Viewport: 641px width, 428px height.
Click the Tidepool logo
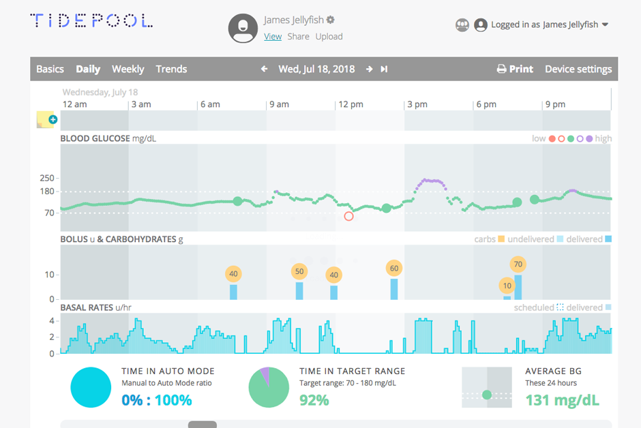pyautogui.click(x=91, y=21)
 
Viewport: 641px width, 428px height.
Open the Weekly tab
pyautogui.click(x=128, y=69)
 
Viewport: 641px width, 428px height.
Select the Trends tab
pyautogui.click(x=171, y=69)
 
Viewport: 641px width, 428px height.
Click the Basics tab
pyautogui.click(x=50, y=69)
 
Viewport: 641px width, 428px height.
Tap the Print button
pyautogui.click(x=515, y=69)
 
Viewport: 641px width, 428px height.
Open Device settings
pyautogui.click(x=578, y=69)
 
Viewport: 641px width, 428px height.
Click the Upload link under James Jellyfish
pyautogui.click(x=329, y=37)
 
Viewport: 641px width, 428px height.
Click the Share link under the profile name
pyautogui.click(x=298, y=37)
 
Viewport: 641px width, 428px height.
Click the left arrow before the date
pyautogui.click(x=265, y=69)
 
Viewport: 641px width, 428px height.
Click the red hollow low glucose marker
pyautogui.click(x=349, y=216)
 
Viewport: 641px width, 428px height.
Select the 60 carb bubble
pyautogui.click(x=393, y=268)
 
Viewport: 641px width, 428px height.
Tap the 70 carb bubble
pyautogui.click(x=518, y=264)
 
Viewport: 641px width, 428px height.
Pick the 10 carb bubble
pyautogui.click(x=507, y=286)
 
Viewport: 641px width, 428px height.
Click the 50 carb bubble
pyautogui.click(x=299, y=271)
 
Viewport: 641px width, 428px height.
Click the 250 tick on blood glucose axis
pyautogui.click(x=47, y=178)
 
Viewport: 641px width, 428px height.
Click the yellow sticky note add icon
pyautogui.click(x=47, y=120)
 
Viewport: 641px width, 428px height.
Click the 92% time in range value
pyautogui.click(x=314, y=400)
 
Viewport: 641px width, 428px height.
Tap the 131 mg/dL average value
pyautogui.click(x=562, y=400)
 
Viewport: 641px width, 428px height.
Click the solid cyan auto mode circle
pyautogui.click(x=91, y=387)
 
